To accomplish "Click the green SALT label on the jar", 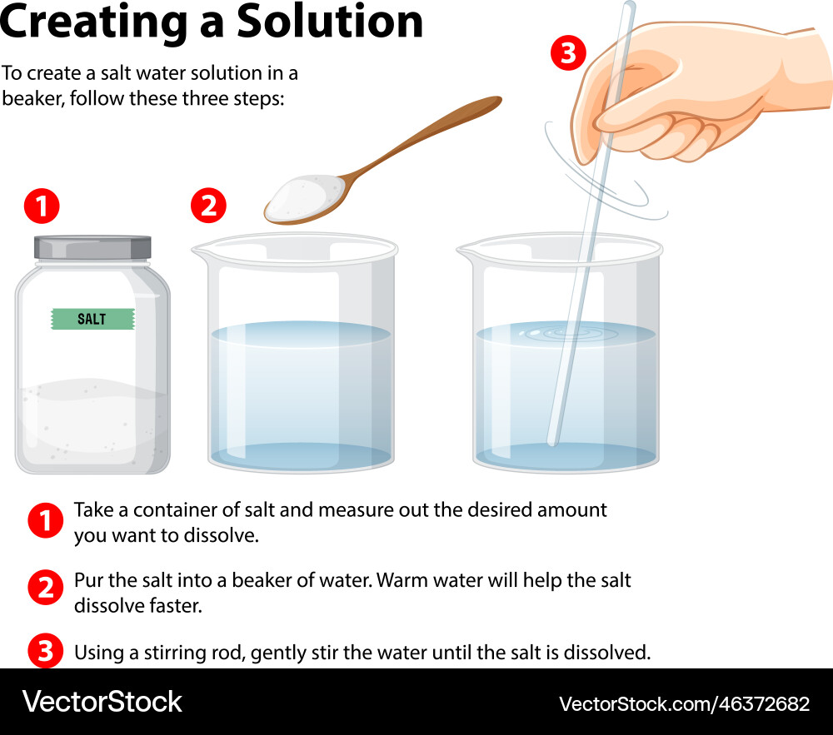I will pyautogui.click(x=92, y=319).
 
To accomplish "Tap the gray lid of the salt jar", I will pyautogui.click(x=92, y=247).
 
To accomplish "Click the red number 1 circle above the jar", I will pyautogui.click(x=41, y=206).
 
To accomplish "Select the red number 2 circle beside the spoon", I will pyautogui.click(x=208, y=206).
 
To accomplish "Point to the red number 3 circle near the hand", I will pyautogui.click(x=567, y=54).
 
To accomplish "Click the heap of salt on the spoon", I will pyautogui.click(x=304, y=194).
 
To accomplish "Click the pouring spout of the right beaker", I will pyautogui.click(x=466, y=248).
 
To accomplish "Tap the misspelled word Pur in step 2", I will pyautogui.click(x=88, y=580).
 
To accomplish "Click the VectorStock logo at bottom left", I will pyautogui.click(x=102, y=702).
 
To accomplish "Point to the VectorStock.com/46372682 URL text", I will pyautogui.click(x=683, y=703).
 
